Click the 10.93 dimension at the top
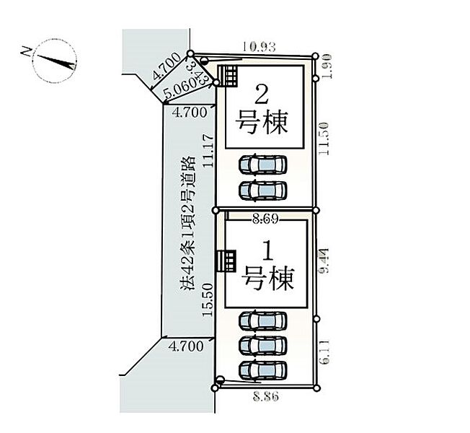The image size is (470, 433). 258,47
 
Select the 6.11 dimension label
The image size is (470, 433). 325,352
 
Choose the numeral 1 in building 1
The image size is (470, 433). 266,253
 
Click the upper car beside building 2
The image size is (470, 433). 262,165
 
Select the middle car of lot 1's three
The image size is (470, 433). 262,344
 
